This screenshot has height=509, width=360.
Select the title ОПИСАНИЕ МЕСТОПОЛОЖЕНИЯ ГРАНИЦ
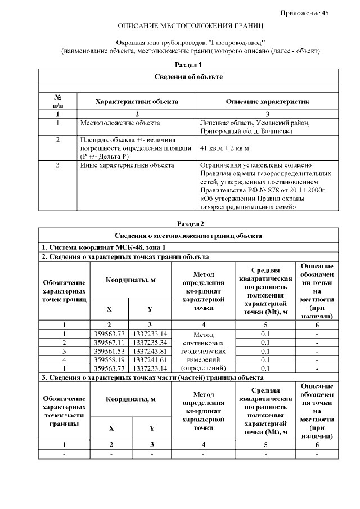[190, 26]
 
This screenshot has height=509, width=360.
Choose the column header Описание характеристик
[267, 102]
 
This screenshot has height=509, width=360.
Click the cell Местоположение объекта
[120, 123]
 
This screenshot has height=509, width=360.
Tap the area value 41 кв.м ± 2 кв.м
[224, 148]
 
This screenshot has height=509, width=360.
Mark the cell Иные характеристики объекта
[127, 165]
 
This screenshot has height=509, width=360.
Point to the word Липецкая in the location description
[213, 123]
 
